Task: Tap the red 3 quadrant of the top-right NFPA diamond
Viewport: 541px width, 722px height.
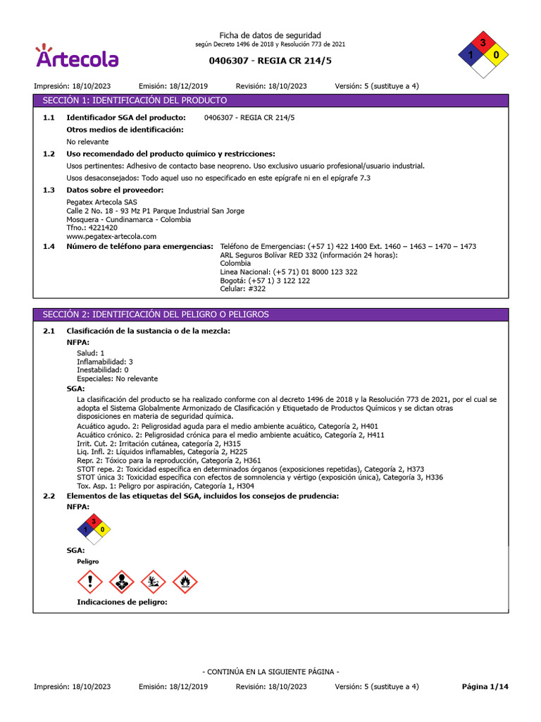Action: tap(483, 44)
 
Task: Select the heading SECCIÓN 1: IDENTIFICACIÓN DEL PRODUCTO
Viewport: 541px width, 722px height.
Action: tap(135, 101)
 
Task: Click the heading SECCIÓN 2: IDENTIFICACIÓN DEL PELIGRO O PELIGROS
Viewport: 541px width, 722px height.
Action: tap(156, 314)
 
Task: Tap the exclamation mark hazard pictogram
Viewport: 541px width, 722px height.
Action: tap(89, 582)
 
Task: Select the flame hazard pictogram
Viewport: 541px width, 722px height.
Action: tap(185, 582)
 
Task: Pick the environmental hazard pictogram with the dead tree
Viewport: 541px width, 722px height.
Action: tap(154, 582)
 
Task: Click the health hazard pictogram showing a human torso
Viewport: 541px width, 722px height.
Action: tap(122, 582)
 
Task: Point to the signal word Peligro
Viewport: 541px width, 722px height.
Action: tap(87, 561)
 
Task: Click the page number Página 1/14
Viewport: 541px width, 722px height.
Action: tap(484, 686)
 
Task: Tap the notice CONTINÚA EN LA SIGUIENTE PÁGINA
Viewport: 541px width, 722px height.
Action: tap(270, 672)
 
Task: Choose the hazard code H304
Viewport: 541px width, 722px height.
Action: tap(244, 486)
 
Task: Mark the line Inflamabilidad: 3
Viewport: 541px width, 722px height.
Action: tap(104, 361)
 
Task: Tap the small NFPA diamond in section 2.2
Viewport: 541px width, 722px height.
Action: tap(93, 529)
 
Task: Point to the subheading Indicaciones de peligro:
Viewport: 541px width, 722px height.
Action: tap(122, 603)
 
